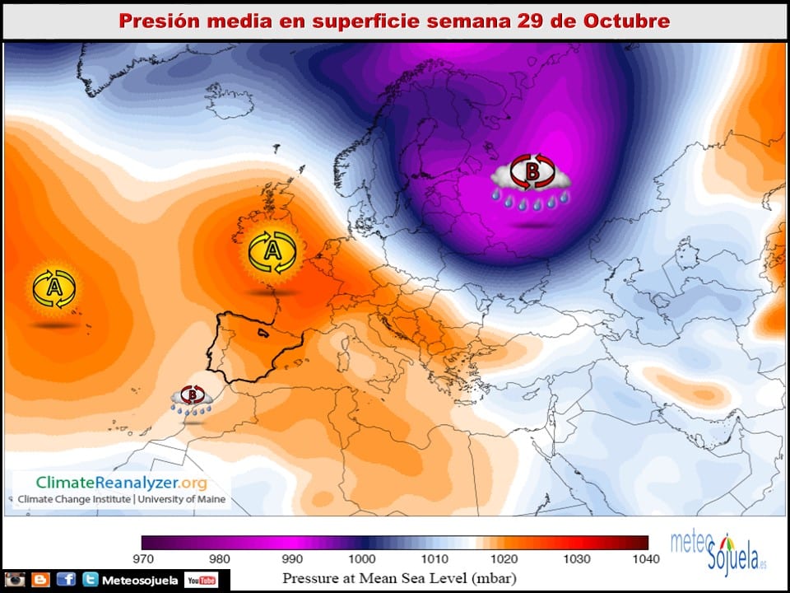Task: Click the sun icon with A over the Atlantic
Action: click(54, 288)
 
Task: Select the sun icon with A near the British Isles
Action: click(272, 253)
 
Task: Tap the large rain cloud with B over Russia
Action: click(531, 180)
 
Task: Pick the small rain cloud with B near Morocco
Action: click(193, 400)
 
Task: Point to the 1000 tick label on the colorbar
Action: click(359, 559)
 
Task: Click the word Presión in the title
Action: click(157, 21)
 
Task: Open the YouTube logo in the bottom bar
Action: click(201, 581)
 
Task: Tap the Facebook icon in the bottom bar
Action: click(66, 581)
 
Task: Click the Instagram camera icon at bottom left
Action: click(14, 581)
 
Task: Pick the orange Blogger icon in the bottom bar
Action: click(40, 581)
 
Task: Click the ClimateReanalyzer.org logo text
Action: click(121, 483)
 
